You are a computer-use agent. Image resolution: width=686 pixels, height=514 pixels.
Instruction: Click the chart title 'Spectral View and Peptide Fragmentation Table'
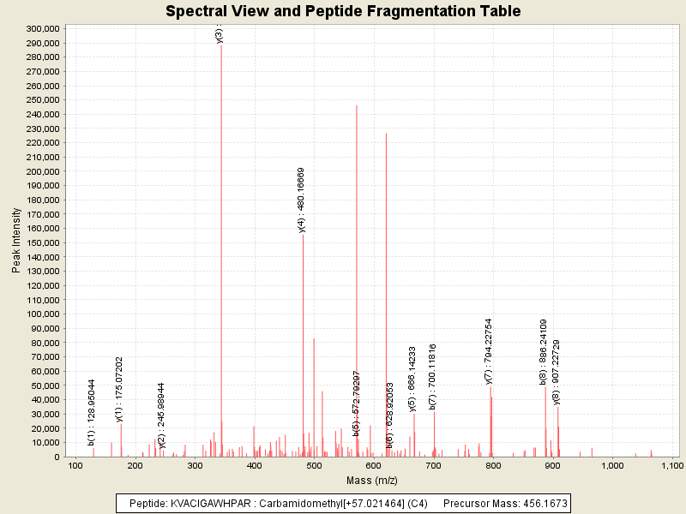[343, 11]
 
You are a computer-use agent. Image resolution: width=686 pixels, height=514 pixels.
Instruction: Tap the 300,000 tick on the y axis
[41, 28]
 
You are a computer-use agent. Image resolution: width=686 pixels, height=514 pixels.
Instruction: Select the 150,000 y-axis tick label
[41, 242]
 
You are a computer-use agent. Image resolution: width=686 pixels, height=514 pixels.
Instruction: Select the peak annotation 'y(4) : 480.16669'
[302, 200]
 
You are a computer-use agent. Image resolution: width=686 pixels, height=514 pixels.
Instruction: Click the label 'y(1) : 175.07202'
[119, 389]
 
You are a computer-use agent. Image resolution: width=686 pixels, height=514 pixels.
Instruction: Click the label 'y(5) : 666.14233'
[412, 379]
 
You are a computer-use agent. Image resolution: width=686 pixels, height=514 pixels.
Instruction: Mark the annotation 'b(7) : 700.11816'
[433, 375]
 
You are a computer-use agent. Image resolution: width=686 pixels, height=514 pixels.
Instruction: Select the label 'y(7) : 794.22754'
[488, 351]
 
